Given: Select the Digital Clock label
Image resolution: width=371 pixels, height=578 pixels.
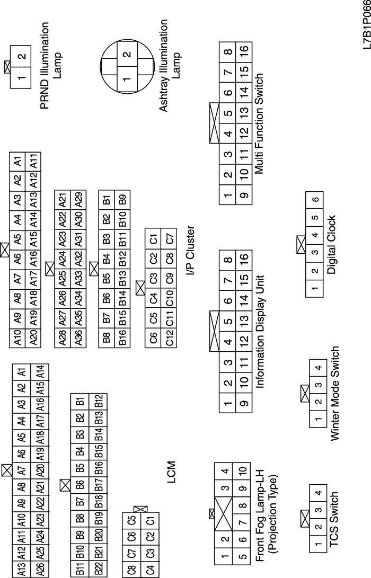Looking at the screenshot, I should [332, 244].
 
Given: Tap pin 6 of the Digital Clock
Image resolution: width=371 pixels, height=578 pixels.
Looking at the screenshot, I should [316, 199].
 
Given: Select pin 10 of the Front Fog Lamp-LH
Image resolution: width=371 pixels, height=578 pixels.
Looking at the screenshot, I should [242, 470].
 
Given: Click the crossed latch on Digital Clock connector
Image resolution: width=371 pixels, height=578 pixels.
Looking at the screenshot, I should [301, 244].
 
